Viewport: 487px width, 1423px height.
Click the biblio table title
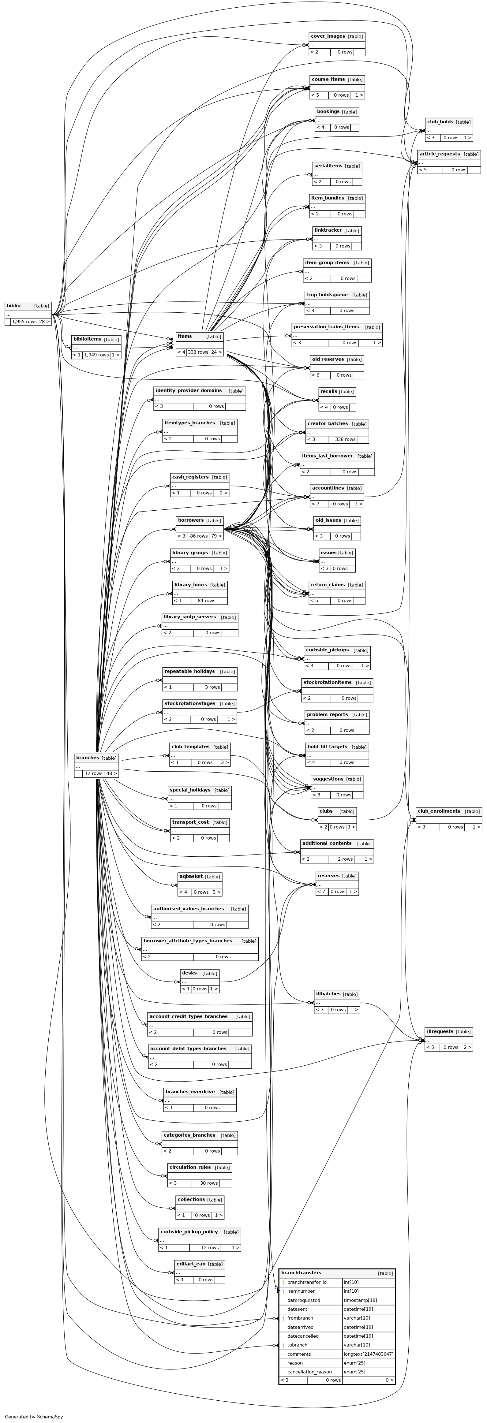[14, 305]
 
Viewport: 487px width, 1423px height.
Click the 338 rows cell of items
[198, 352]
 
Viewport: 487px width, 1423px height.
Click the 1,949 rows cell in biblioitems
[96, 355]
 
